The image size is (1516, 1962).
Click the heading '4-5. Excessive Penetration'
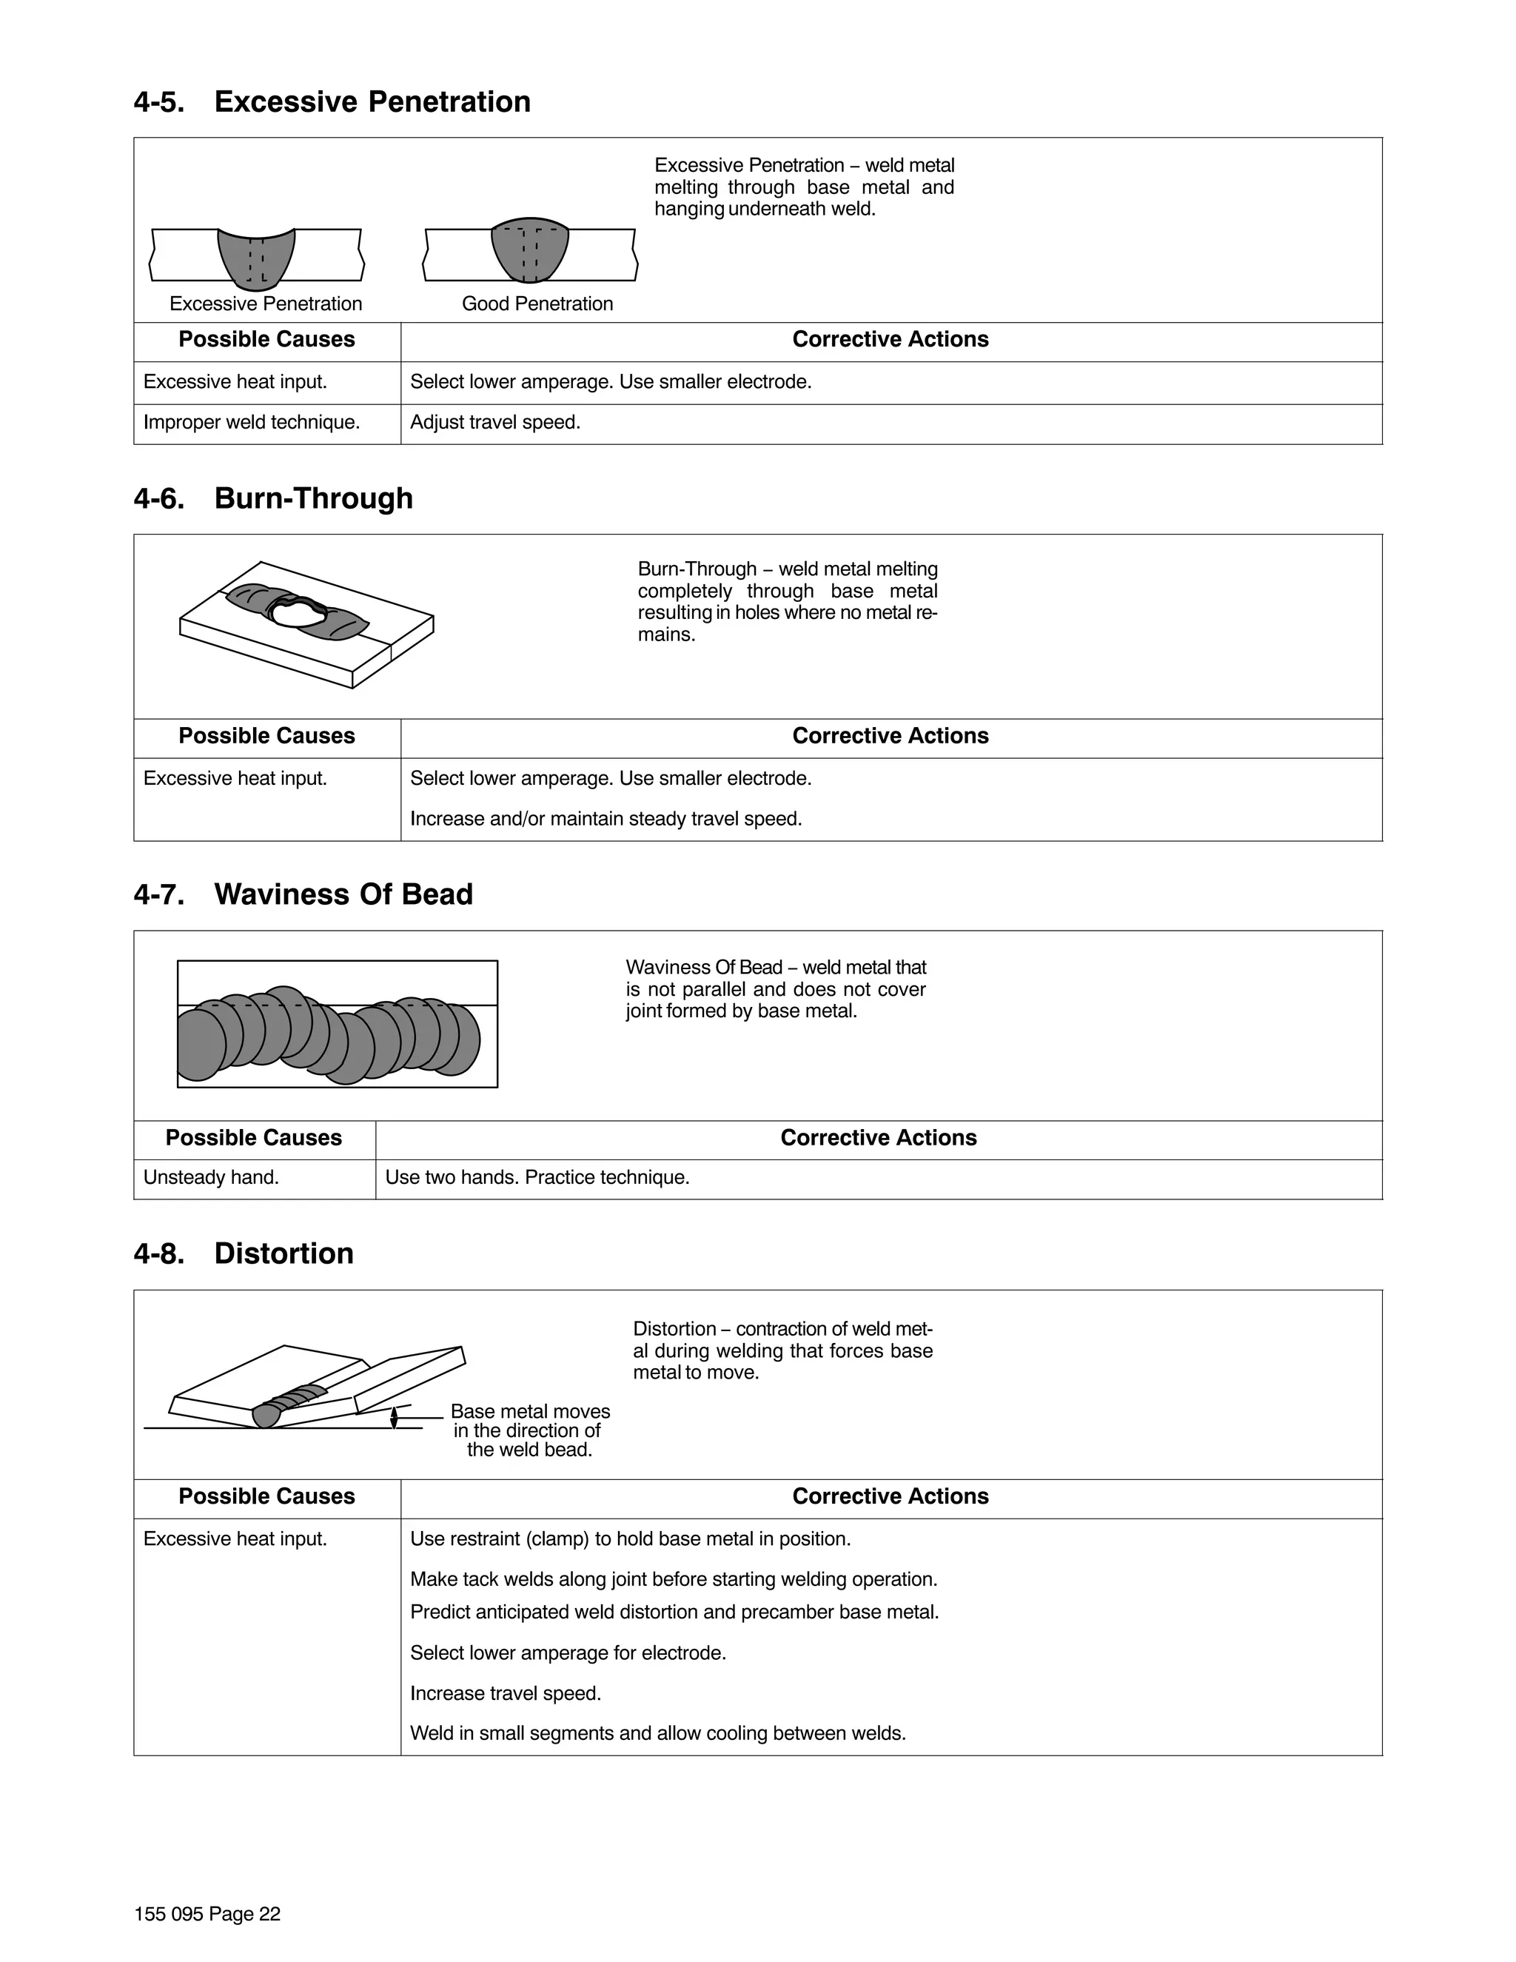click(x=332, y=101)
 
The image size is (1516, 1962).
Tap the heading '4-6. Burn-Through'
click(x=273, y=498)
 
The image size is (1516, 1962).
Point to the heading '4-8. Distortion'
click(x=244, y=1253)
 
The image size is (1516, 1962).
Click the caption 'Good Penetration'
click(x=537, y=304)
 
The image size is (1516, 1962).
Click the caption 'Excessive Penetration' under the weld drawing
click(x=266, y=304)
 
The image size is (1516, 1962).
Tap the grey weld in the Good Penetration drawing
click(x=530, y=249)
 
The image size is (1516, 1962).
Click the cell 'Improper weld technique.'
click(x=252, y=422)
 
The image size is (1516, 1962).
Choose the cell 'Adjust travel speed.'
click(x=495, y=422)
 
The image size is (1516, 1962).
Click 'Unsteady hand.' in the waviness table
click(x=211, y=1177)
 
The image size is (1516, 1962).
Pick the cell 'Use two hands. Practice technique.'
click(x=537, y=1177)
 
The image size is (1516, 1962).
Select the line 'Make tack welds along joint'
click(x=674, y=1578)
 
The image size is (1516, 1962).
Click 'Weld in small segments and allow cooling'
click(x=657, y=1733)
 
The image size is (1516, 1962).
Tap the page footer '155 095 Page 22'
click(x=207, y=1913)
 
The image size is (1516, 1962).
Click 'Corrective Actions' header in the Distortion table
click(x=890, y=1496)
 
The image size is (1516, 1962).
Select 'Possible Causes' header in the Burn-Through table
click(x=266, y=736)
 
